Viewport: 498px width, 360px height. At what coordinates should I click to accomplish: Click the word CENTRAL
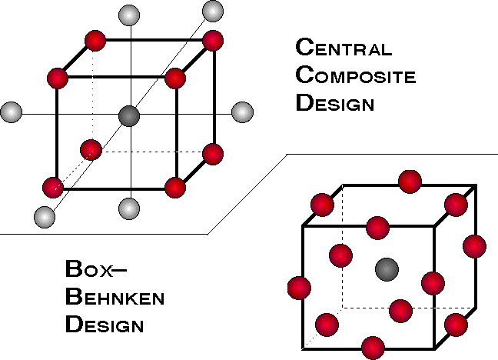tap(344, 47)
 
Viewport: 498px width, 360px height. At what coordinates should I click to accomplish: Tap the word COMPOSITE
tap(355, 75)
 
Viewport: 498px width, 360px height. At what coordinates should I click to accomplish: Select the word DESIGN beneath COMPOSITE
tap(335, 102)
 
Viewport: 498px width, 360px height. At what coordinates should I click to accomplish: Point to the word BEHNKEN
tap(115, 297)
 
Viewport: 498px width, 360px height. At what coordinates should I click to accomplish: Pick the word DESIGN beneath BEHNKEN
tap(105, 324)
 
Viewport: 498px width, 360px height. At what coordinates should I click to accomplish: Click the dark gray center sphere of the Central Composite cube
tap(129, 116)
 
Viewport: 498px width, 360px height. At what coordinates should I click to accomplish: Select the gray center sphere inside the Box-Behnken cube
tap(387, 270)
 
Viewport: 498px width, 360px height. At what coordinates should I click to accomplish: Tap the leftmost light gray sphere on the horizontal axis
tap(12, 112)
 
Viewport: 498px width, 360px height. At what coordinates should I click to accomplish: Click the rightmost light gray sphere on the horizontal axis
tap(242, 112)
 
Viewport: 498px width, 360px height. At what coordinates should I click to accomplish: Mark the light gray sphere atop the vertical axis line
tap(129, 15)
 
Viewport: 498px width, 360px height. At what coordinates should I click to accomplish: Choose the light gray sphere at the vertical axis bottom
tap(129, 208)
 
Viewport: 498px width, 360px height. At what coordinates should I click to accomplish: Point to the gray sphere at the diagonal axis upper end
tap(212, 11)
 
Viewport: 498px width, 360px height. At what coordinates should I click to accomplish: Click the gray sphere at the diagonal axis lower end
tap(45, 217)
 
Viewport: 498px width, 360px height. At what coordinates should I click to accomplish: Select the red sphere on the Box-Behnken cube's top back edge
tap(410, 182)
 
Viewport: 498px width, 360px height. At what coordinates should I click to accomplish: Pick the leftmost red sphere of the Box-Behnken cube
tap(299, 288)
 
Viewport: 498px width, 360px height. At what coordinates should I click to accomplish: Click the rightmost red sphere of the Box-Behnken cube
tap(474, 246)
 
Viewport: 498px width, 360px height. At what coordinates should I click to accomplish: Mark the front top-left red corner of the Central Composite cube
tap(58, 78)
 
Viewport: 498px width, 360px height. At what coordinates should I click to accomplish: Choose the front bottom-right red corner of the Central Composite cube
tap(175, 188)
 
